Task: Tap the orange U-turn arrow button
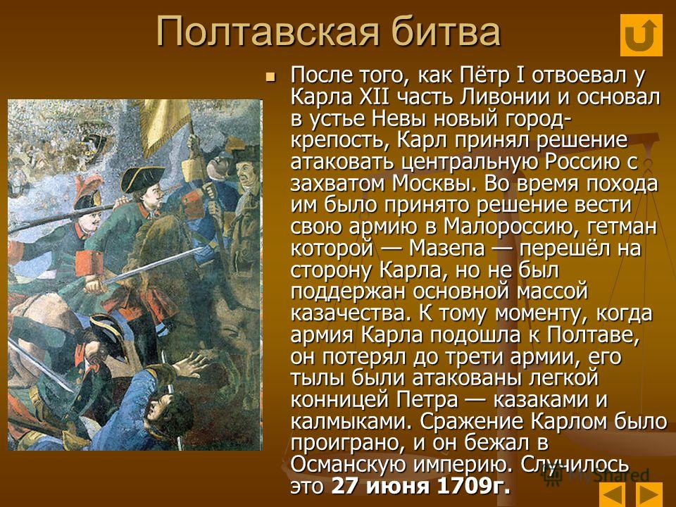pos(641,35)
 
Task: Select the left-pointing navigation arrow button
pos(612,494)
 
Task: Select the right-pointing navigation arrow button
pos(649,494)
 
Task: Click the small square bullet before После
pos(270,77)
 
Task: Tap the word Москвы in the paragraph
pos(434,184)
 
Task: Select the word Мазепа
pos(446,249)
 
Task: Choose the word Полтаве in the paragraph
pos(593,335)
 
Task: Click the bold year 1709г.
pos(474,487)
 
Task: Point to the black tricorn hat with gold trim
pos(142,178)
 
